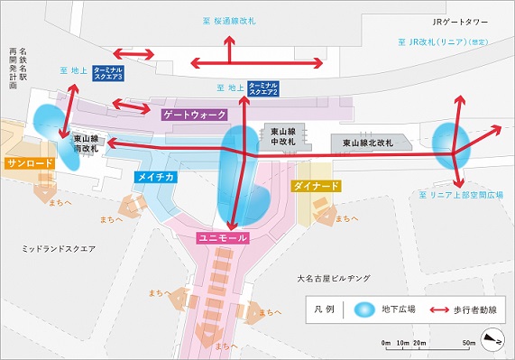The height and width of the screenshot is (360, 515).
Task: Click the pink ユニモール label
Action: tap(224, 238)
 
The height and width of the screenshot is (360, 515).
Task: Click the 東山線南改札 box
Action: tap(86, 143)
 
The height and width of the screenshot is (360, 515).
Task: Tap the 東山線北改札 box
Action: tap(369, 143)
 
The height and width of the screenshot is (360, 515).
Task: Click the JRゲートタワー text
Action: tap(463, 23)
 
